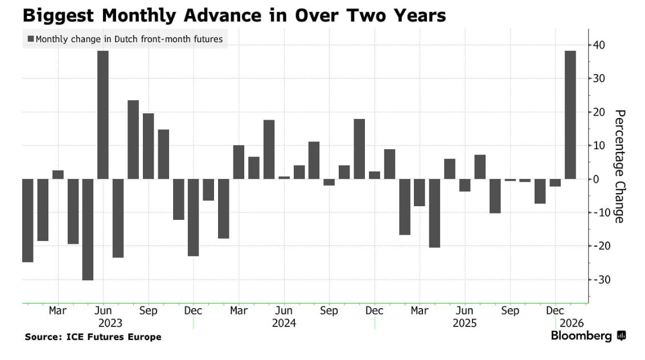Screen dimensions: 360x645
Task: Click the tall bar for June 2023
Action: pos(103,114)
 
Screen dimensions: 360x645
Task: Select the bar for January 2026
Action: pos(570,114)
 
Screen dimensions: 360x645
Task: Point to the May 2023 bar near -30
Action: pos(88,229)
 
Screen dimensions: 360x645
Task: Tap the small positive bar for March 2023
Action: pos(58,175)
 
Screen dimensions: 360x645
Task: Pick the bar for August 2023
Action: pos(133,140)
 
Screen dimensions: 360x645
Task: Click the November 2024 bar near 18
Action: pos(359,149)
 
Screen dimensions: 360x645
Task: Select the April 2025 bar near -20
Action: pos(434,213)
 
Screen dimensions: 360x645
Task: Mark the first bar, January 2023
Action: pos(28,220)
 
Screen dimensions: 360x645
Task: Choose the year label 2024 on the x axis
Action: pos(284,323)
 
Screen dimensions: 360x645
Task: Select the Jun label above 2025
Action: pos(465,311)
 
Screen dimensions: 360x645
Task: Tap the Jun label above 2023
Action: pos(103,311)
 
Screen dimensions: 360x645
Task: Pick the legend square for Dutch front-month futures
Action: pos(30,39)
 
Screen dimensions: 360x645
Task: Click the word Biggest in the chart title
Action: pos(56,15)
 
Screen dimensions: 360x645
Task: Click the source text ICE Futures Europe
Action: pos(114,337)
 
